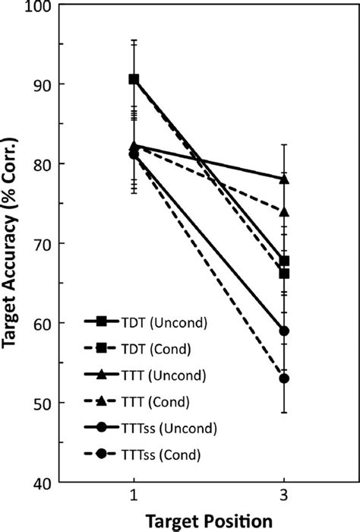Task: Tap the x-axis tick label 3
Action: coord(284,499)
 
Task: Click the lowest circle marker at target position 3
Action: coord(284,378)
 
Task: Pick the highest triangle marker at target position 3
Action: coord(284,179)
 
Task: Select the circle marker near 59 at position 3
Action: coord(284,331)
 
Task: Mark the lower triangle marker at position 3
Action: coord(284,211)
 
